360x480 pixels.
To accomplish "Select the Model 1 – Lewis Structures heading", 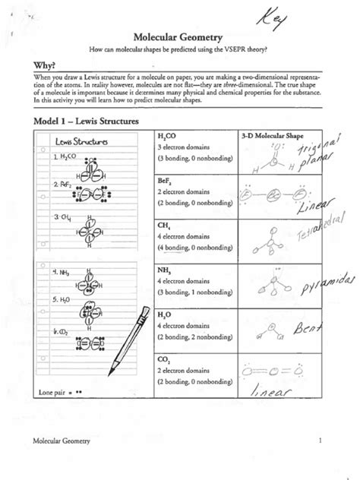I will point(94,120).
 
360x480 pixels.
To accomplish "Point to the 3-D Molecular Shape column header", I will point(269,135).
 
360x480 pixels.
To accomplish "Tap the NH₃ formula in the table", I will point(165,270).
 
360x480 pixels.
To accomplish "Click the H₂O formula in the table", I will point(164,313).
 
